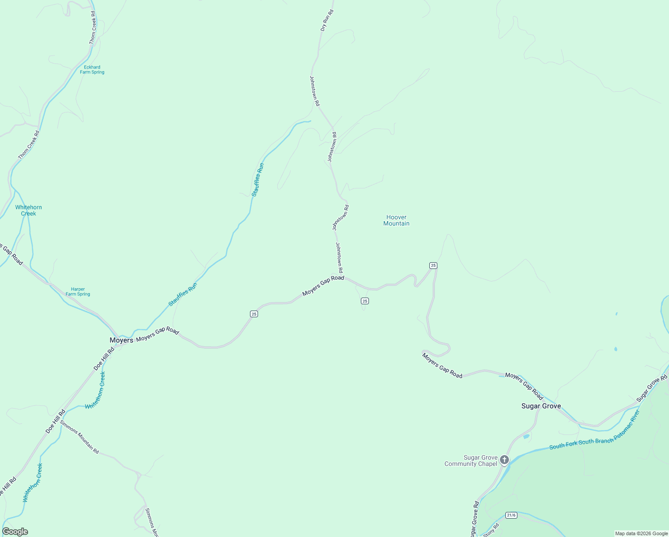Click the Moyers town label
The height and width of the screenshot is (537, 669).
[121, 340]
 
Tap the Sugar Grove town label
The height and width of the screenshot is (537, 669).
[541, 406]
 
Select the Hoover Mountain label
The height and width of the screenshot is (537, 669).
[396, 220]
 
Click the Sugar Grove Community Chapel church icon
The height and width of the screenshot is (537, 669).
[504, 460]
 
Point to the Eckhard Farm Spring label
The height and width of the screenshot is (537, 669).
[92, 70]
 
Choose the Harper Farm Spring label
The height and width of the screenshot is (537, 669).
[78, 292]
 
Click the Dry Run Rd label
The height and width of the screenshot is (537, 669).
[327, 20]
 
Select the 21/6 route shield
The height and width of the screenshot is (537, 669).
[511, 515]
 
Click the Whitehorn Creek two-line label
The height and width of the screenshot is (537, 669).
[29, 210]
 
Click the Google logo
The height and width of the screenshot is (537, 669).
[15, 532]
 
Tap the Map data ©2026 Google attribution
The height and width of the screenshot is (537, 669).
[641, 533]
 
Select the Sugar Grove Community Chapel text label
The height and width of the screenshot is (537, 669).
[471, 460]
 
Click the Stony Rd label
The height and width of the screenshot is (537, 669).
[491, 530]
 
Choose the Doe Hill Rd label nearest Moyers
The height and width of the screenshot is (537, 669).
[104, 359]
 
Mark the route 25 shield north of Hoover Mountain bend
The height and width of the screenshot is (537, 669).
[433, 265]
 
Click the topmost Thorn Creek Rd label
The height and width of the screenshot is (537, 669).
[93, 28]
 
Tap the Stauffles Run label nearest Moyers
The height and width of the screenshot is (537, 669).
[182, 294]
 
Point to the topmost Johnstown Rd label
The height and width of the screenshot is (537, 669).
[315, 90]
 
